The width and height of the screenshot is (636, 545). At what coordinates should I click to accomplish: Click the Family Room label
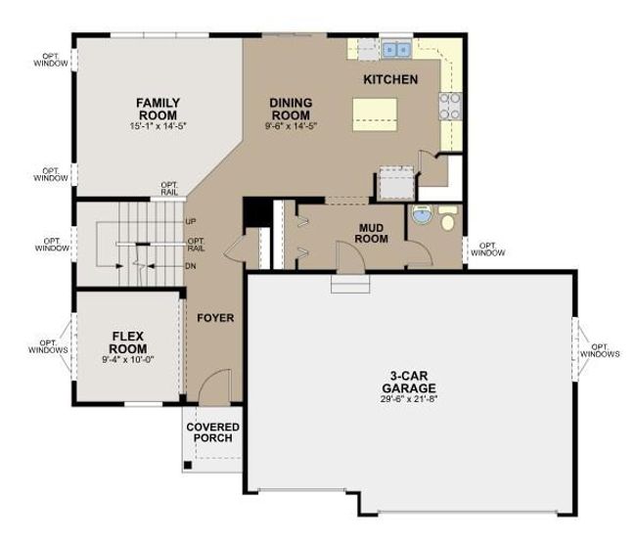click(158, 109)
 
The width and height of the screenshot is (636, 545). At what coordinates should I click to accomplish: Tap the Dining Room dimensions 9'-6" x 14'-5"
click(291, 125)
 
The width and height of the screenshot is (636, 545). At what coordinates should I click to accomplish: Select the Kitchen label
click(390, 79)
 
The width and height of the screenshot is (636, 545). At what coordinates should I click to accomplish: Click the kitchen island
click(375, 114)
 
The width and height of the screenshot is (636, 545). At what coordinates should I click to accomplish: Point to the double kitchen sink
click(396, 50)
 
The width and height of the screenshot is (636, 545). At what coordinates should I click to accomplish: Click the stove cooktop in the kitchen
click(450, 107)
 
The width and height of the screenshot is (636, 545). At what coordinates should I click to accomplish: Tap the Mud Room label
click(371, 234)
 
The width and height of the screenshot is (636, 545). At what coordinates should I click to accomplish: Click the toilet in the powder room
click(447, 218)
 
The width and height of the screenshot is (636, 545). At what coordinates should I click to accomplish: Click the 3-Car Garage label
click(409, 382)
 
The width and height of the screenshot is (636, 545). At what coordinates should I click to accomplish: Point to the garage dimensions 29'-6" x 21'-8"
click(409, 398)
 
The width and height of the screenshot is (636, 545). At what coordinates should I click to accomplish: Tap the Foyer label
click(215, 318)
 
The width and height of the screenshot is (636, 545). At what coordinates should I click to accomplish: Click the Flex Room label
click(128, 342)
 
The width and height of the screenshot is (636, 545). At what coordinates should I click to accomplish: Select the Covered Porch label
click(212, 432)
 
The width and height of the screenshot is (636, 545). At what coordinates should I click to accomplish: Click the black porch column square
click(188, 465)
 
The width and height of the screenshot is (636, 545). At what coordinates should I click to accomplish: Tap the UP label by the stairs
click(191, 222)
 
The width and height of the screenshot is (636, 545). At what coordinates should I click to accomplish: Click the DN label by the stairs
click(191, 266)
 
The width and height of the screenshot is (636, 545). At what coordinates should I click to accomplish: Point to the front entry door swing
click(215, 386)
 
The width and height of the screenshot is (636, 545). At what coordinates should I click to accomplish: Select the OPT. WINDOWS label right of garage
click(600, 350)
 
